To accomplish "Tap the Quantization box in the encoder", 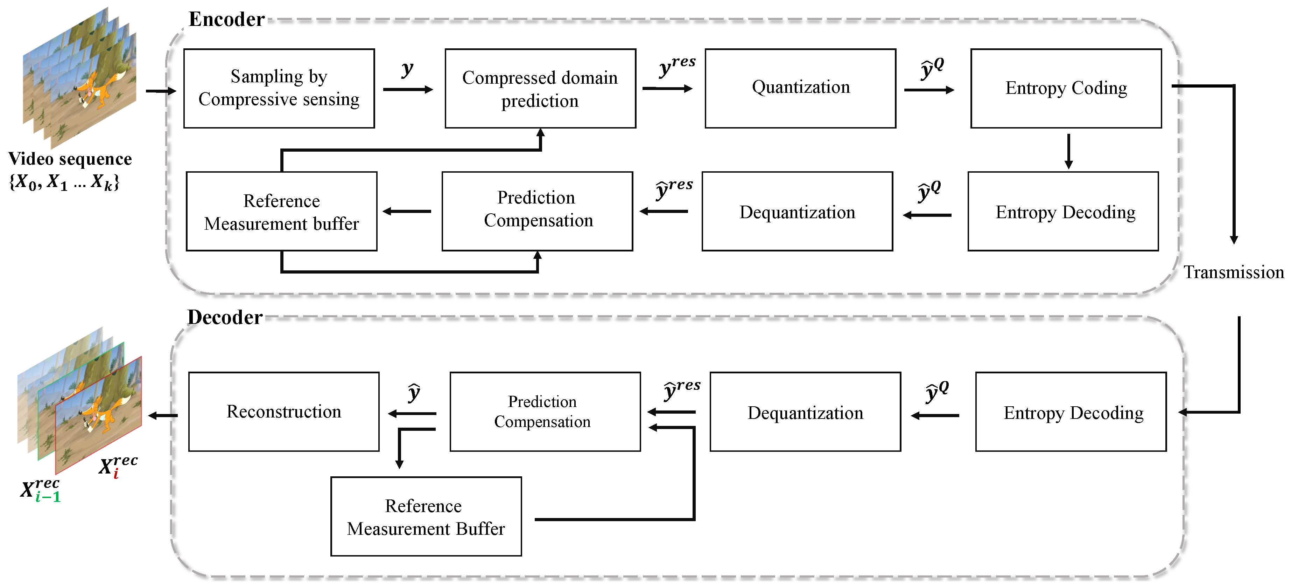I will click(800, 88).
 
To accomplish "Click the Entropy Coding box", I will click(1066, 88).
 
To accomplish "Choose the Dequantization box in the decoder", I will click(805, 412).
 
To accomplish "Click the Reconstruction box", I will click(284, 412).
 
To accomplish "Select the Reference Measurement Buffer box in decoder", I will click(426, 516).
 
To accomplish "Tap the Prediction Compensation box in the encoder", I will click(537, 211).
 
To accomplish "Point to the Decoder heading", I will click(225, 317).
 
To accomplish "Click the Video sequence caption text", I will click(70, 159).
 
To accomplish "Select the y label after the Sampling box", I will click(407, 70).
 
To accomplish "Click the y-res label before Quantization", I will click(676, 66).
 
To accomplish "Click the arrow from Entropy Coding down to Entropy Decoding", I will click(1068, 151).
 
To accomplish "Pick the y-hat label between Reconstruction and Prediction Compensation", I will click(413, 393).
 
